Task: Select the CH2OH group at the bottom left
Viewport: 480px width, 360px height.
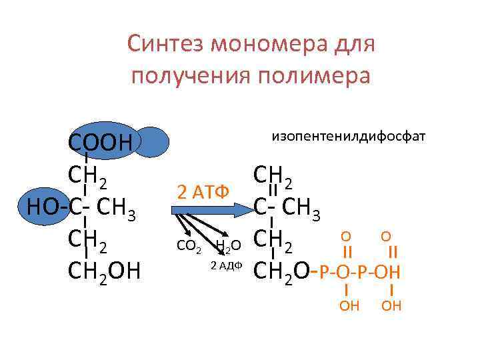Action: point(105,271)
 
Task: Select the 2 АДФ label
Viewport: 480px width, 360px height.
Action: point(225,266)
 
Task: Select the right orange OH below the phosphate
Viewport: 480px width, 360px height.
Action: point(391,306)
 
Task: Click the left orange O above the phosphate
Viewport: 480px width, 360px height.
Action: point(345,236)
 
